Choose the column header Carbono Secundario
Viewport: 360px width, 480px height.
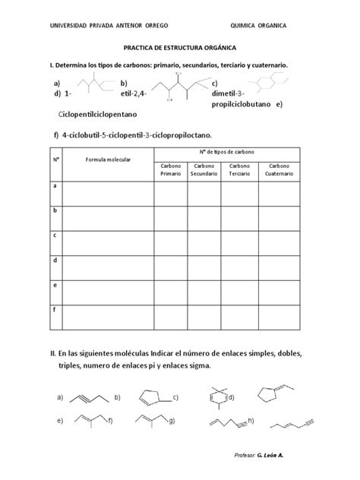(203, 170)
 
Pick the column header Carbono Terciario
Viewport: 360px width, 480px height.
(239, 170)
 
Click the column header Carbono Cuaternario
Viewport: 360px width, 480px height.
(278, 170)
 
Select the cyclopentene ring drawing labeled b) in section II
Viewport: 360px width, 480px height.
(148, 397)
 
